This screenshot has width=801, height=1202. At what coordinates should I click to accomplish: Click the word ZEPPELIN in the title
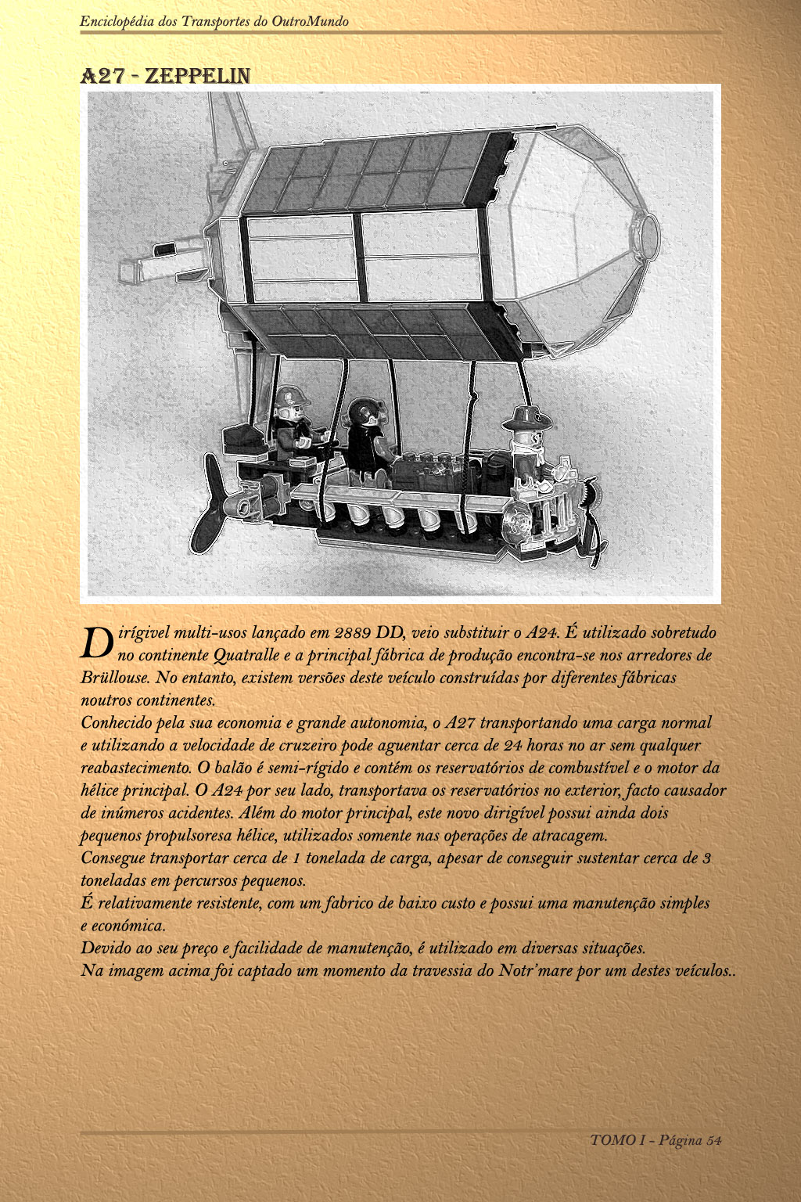(197, 76)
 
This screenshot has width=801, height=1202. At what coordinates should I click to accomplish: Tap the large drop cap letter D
(98, 643)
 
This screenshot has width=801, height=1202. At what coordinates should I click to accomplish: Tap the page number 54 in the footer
(713, 1140)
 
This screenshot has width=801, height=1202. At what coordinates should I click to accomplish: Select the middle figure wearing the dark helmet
(366, 438)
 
